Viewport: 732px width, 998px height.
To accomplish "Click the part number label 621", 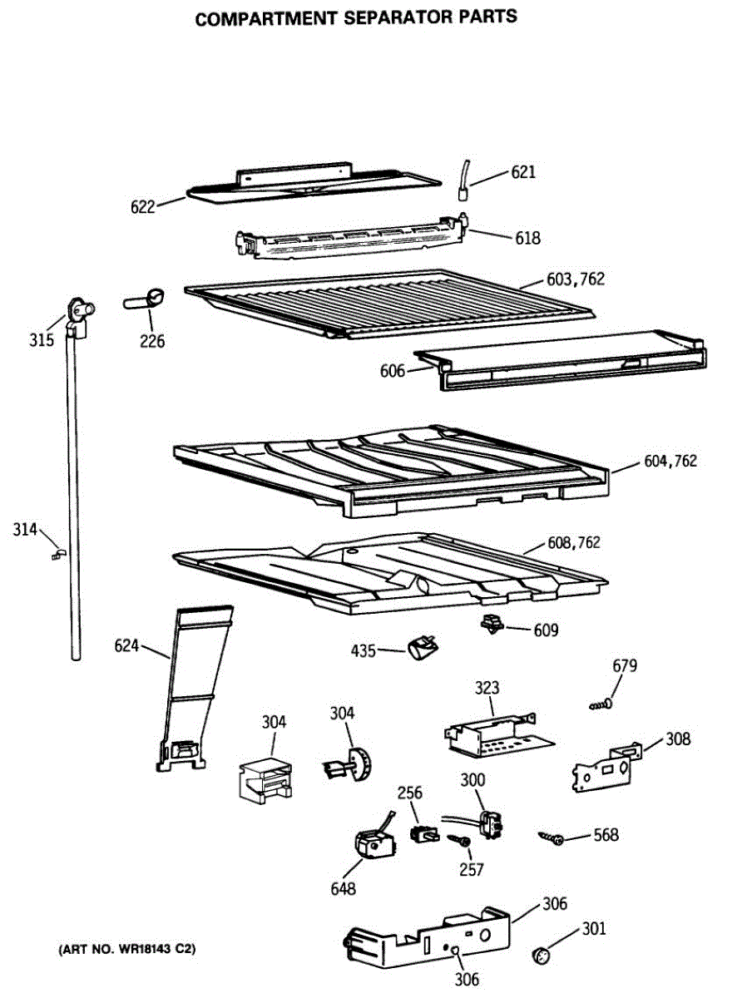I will point(523,172).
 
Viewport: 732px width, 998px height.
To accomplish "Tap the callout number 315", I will point(42,339).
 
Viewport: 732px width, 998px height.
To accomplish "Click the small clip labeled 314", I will point(57,552).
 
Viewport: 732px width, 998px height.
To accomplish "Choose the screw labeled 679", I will point(601,705).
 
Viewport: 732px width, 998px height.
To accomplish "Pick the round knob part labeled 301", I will point(541,955).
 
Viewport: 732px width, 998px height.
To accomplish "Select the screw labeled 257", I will point(458,841).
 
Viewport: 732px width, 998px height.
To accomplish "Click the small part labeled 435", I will point(423,646).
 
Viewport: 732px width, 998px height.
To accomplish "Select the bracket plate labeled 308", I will point(606,767).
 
